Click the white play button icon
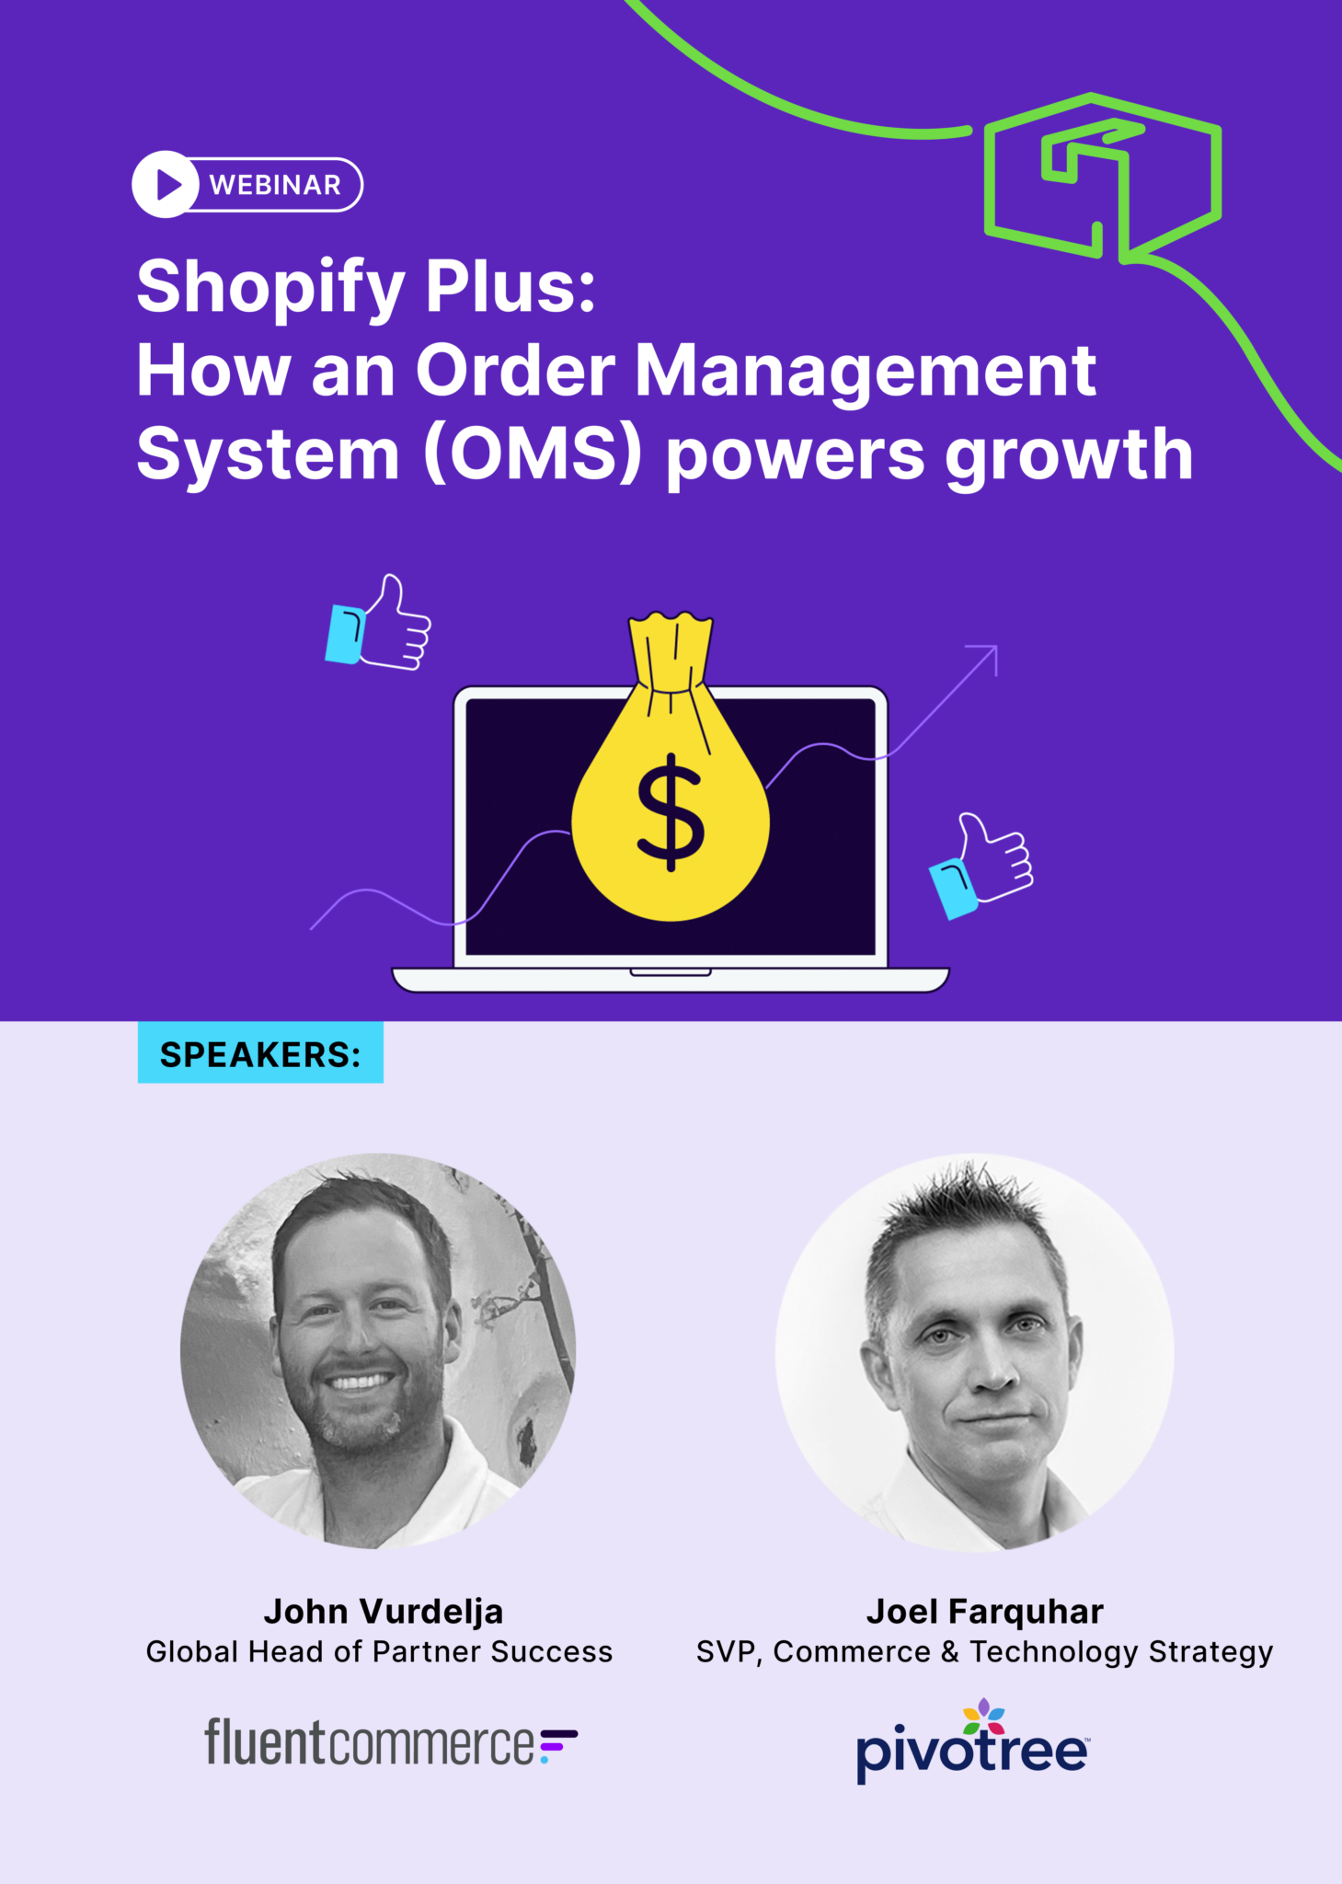tap(166, 185)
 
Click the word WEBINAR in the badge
tap(275, 185)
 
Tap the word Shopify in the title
tap(270, 287)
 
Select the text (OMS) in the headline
tap(532, 454)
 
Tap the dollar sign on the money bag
tap(671, 811)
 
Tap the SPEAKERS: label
tap(260, 1054)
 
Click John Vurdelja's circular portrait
tap(378, 1350)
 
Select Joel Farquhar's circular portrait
tap(974, 1352)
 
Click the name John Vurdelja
tap(384, 1612)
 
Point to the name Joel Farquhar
tap(984, 1612)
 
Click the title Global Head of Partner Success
tap(379, 1652)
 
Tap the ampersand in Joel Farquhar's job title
tap(949, 1652)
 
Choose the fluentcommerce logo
tap(390, 1742)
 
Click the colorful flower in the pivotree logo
tap(983, 1717)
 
